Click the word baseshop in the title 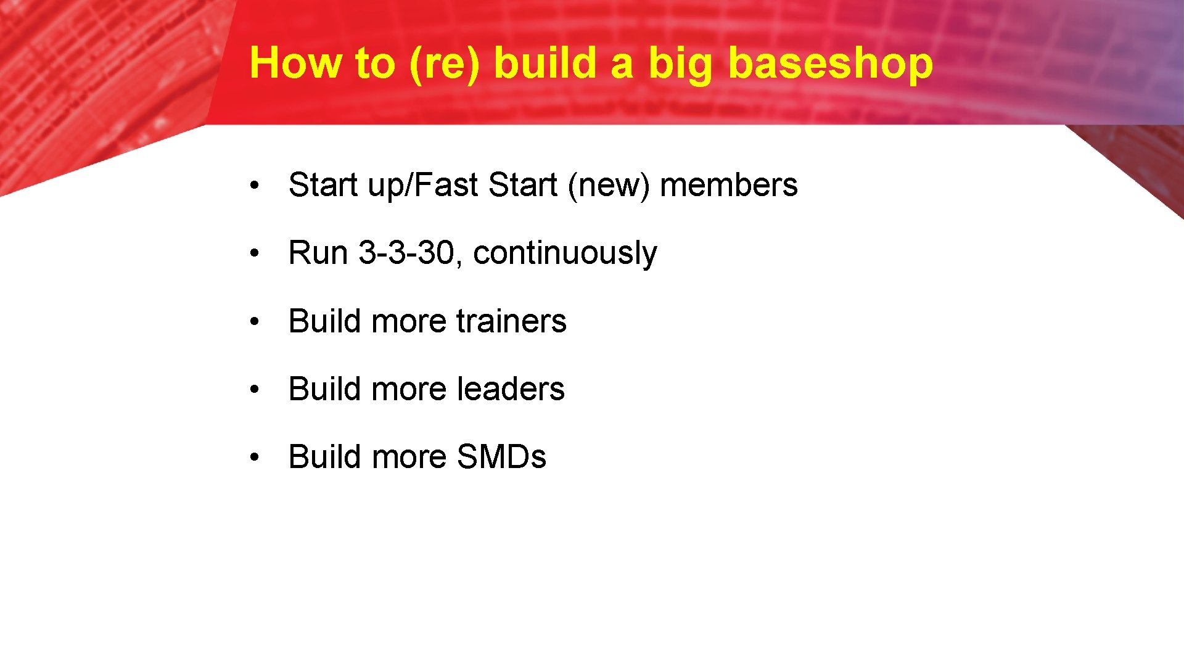click(x=830, y=64)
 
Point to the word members click(x=728, y=185)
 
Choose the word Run click(x=318, y=253)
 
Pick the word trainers click(x=511, y=321)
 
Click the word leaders click(x=511, y=389)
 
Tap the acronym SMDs click(x=501, y=457)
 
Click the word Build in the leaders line click(x=324, y=389)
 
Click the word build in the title click(x=545, y=64)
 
